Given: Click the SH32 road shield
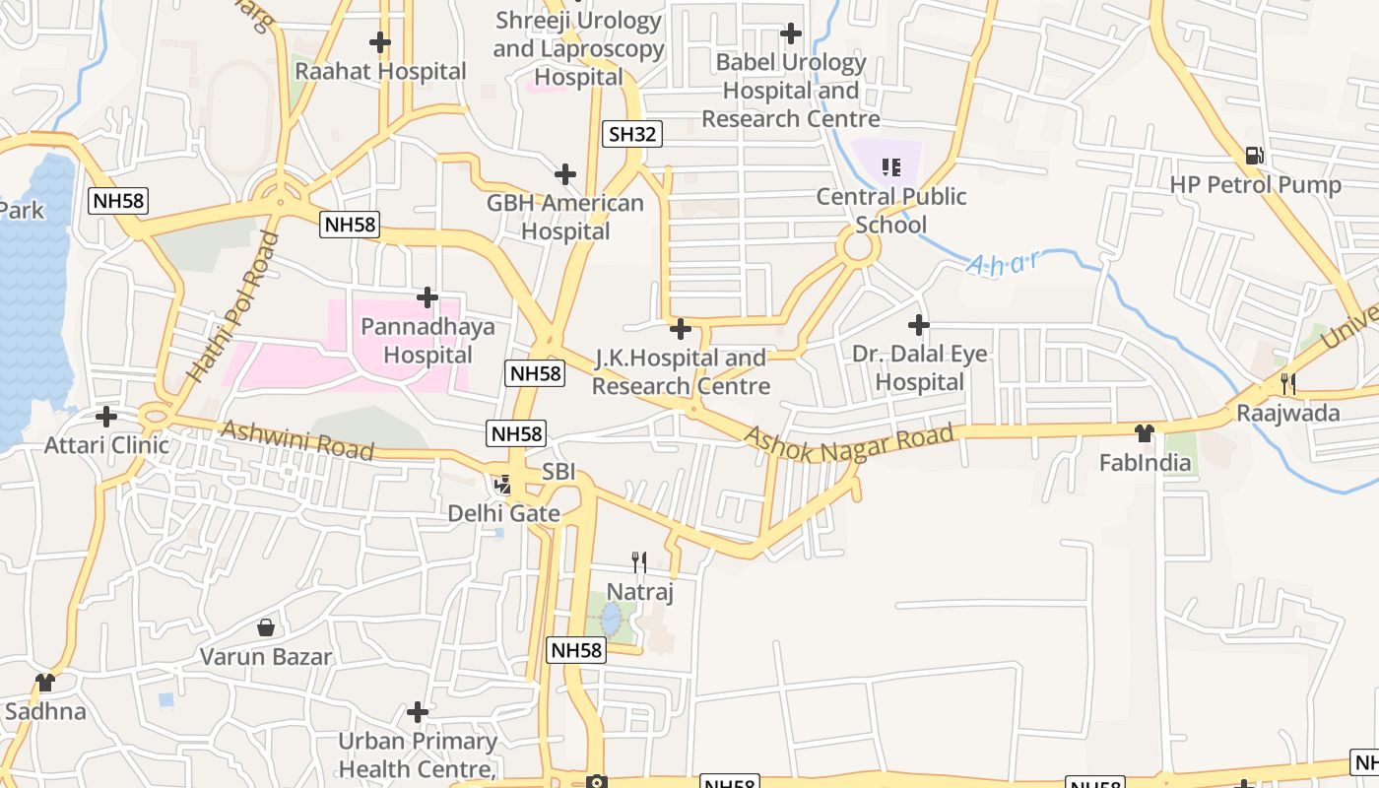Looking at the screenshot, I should tap(631, 134).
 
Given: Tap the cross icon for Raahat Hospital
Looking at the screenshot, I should tap(379, 42).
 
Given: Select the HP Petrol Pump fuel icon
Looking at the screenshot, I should tap(1254, 156).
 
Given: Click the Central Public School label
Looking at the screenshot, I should tap(891, 211).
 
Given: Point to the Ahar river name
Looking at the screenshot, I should tap(1004, 263).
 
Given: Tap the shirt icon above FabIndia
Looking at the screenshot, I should tap(1144, 432).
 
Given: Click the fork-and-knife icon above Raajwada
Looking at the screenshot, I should tap(1287, 383).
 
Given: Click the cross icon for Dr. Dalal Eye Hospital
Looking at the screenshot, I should tap(918, 324).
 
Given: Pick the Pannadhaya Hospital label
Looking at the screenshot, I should tap(427, 341).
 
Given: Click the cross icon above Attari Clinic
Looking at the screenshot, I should tap(106, 416).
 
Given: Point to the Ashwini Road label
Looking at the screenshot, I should tap(296, 440).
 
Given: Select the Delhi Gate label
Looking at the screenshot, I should tap(503, 513).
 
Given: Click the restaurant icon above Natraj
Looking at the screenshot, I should tap(639, 562).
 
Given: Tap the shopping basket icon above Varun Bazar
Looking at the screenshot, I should tap(265, 627).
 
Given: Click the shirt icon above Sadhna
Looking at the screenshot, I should tap(44, 682).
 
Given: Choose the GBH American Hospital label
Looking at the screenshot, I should tap(565, 217).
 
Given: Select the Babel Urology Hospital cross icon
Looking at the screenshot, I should tap(790, 33).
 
